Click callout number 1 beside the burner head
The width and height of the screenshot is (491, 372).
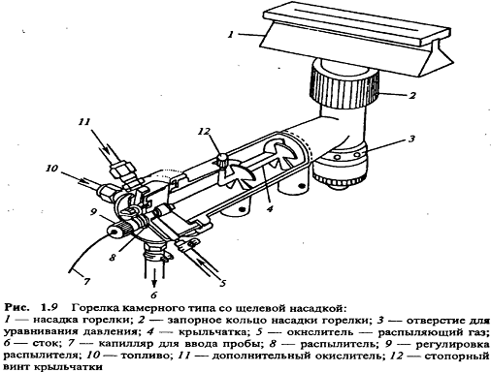231,34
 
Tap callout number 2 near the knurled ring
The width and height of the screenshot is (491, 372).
411,95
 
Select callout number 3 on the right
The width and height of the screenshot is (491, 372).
411,139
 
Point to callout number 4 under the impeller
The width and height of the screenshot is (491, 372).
270,208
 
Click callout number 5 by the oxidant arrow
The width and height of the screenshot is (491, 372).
222,283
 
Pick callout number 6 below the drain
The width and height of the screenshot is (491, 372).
153,294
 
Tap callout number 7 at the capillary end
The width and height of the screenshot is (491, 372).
86,282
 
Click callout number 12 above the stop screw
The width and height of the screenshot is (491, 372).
204,132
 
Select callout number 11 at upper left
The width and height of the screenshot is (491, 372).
84,122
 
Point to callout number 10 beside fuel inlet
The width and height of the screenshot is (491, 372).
51,168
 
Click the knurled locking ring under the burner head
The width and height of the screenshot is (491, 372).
344,85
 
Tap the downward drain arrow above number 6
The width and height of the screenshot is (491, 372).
154,277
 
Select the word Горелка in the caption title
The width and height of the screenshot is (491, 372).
94,308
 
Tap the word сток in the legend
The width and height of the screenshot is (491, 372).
47,344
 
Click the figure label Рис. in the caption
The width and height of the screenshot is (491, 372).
16,307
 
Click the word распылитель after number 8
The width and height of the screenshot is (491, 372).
339,344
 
